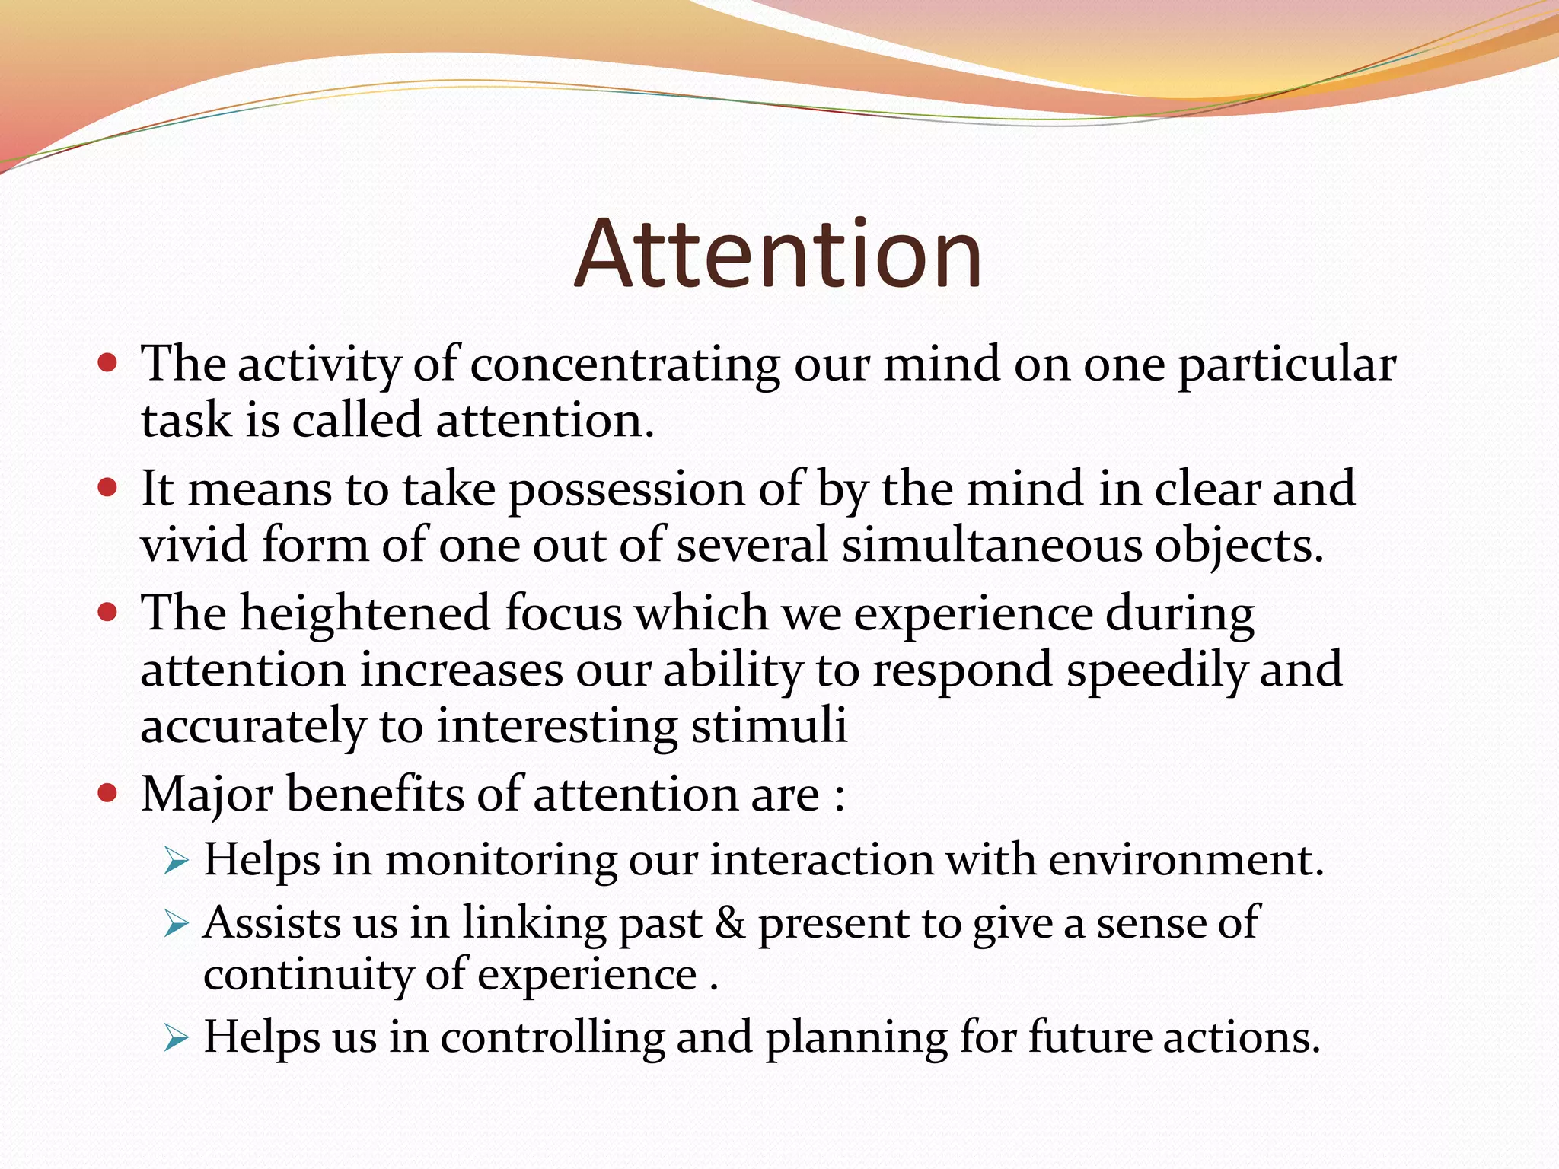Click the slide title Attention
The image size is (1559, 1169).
(x=777, y=254)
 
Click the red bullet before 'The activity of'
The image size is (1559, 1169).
(x=108, y=362)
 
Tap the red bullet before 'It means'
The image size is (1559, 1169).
(x=108, y=487)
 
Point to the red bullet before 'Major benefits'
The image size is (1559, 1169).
(x=108, y=794)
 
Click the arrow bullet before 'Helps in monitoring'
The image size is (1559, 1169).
(x=176, y=862)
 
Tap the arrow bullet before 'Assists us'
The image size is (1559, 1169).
(x=176, y=925)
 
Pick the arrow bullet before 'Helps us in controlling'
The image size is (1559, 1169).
(x=176, y=1039)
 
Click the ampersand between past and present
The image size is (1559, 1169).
(x=730, y=924)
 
